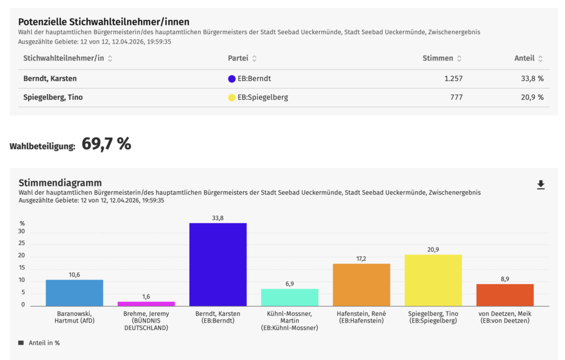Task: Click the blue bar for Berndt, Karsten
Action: tap(217, 265)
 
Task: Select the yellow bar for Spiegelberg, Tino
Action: tap(433, 280)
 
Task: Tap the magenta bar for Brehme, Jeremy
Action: tap(146, 303)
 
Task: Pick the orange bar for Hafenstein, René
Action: tap(361, 284)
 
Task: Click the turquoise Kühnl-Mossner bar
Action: tap(289, 297)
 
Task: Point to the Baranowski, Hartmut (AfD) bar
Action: tap(74, 293)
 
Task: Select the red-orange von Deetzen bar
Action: tap(504, 295)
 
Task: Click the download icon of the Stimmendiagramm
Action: tap(541, 185)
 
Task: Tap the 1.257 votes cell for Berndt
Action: tap(453, 79)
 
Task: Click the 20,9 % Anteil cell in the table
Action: tap(532, 98)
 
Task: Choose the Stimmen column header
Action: tap(438, 58)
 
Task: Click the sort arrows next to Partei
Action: tap(254, 58)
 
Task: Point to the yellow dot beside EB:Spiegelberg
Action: tap(232, 98)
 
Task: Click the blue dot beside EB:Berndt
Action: tap(232, 79)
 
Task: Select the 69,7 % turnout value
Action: tap(106, 144)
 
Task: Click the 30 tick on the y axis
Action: tap(22, 232)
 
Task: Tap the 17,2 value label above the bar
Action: tap(361, 259)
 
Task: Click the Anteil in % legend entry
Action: tap(44, 343)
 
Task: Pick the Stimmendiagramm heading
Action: tap(60, 182)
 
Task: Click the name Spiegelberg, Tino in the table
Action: tap(53, 98)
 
